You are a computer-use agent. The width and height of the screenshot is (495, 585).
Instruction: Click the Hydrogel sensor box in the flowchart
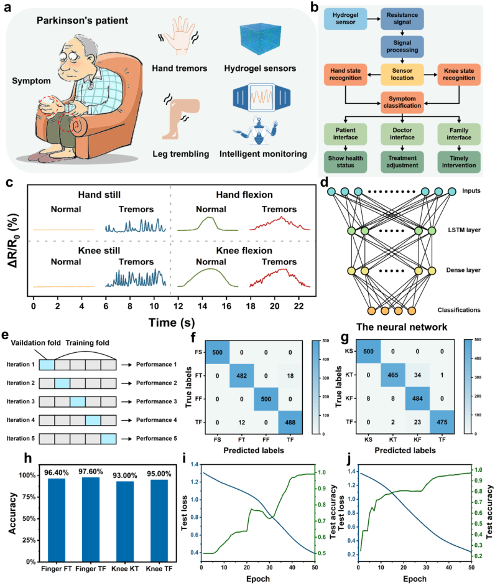(345, 19)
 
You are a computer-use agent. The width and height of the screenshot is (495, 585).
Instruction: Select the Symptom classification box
(402, 102)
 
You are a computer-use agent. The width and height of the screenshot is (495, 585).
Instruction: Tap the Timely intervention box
(459, 162)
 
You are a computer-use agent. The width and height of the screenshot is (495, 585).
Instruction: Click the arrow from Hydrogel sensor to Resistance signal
(374, 19)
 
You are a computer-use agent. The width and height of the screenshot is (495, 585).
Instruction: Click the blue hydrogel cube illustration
(260, 39)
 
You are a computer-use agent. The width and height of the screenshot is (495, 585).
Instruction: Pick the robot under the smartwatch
(257, 131)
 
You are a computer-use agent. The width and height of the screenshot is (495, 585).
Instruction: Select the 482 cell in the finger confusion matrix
(241, 376)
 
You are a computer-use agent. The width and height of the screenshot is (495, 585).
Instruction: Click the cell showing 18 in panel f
(290, 376)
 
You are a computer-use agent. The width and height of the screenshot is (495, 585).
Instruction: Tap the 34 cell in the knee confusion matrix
(417, 375)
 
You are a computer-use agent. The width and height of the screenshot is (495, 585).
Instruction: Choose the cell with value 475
(442, 422)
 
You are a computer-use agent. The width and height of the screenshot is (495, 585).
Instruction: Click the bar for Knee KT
(125, 522)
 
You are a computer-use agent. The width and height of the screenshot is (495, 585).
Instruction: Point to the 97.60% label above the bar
(91, 472)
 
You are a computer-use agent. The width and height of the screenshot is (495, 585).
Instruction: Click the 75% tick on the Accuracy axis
(27, 497)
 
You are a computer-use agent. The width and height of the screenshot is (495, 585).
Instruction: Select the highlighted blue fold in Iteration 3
(78, 401)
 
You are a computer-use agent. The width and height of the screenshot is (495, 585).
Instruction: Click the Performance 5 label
(157, 438)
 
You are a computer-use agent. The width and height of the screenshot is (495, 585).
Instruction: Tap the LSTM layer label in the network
(464, 230)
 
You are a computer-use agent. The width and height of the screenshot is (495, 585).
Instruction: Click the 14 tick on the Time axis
(202, 306)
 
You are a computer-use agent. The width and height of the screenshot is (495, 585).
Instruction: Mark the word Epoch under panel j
(415, 579)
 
